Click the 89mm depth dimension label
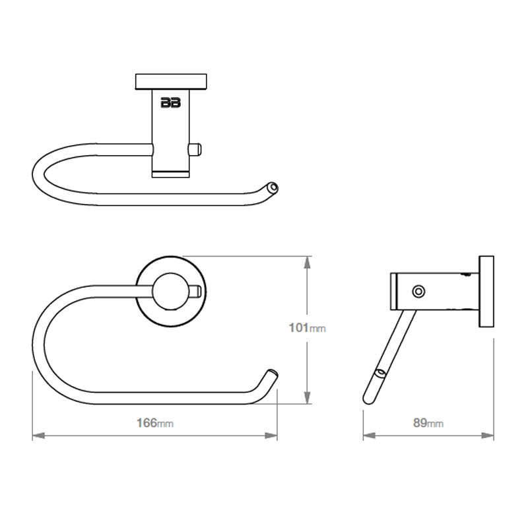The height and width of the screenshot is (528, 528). click(428, 424)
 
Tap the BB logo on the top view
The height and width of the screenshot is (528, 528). click(170, 102)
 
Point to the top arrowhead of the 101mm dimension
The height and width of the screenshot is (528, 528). click(307, 263)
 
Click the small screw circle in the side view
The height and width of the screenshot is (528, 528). click(416, 291)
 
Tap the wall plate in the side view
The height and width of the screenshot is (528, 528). click(486, 291)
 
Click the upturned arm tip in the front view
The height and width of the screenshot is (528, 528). click(271, 376)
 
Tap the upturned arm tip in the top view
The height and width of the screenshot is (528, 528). click(272, 187)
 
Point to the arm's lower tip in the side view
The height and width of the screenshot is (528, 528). click(369, 399)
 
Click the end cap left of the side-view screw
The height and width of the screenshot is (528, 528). click(394, 291)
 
